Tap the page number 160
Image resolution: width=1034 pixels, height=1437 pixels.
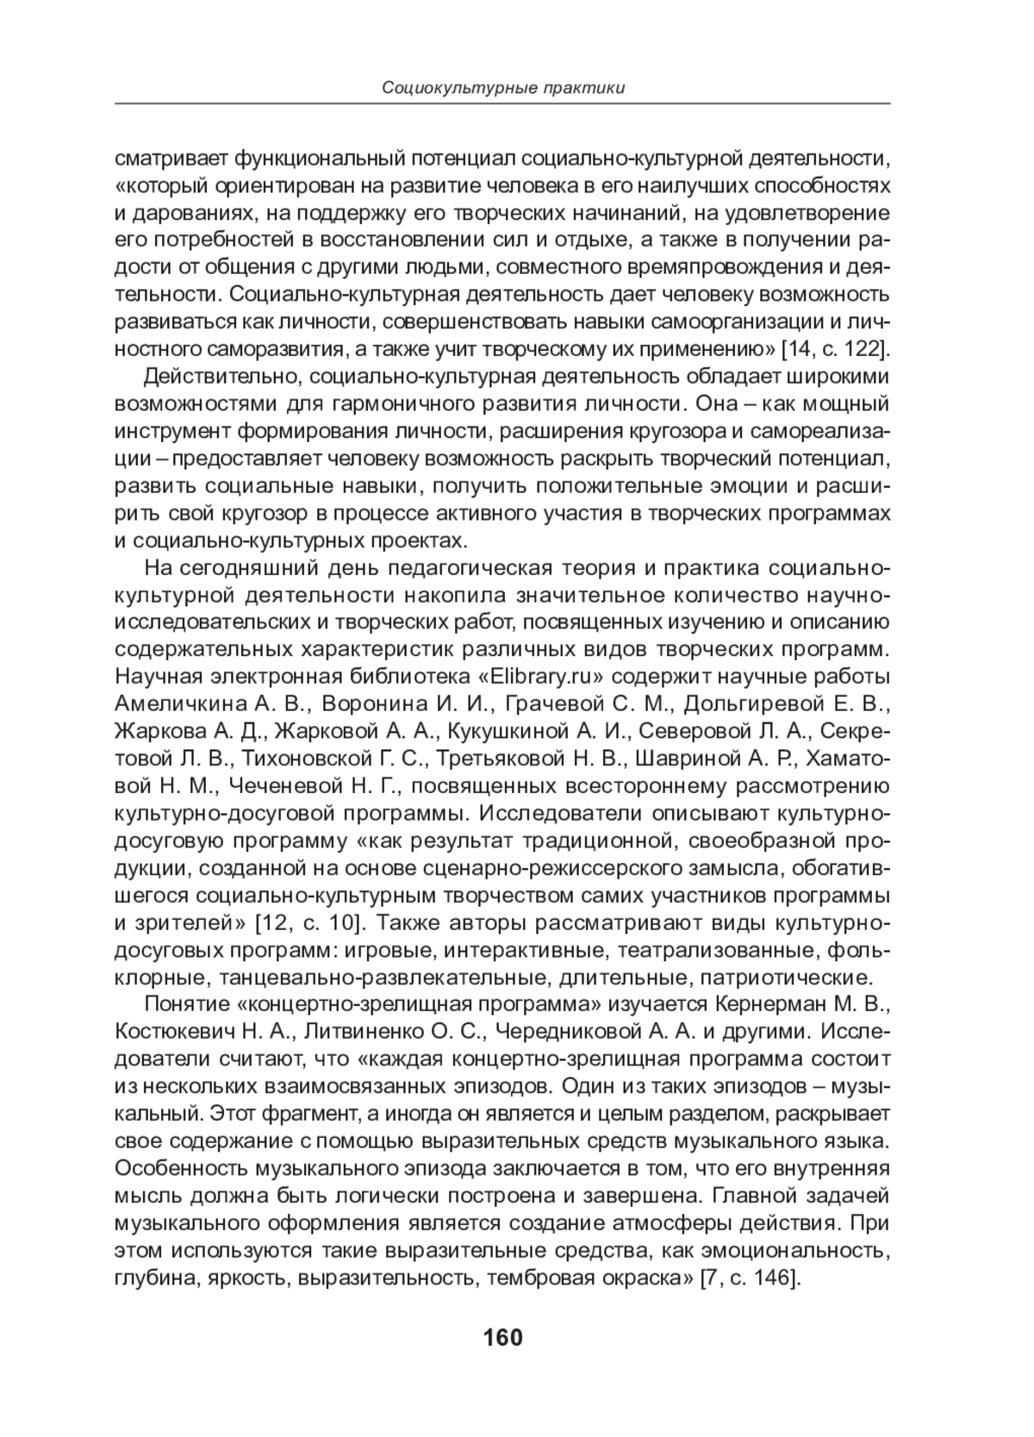[x=503, y=1338]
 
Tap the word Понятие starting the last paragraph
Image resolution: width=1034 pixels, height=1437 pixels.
[x=183, y=1003]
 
